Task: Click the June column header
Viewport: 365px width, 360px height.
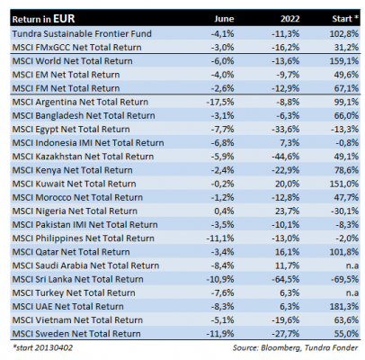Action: (224, 19)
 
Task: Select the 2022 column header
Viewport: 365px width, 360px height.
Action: (289, 19)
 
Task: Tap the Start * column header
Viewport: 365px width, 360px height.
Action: (345, 19)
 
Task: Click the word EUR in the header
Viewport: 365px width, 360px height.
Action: (64, 19)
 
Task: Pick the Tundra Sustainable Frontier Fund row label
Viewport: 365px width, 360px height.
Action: (82, 33)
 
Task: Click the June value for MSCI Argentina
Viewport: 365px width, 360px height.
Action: (220, 102)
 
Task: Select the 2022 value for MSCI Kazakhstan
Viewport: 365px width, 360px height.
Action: (285, 157)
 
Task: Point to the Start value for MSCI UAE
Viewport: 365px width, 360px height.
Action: (344, 306)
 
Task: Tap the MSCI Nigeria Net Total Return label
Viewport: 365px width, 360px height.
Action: (75, 211)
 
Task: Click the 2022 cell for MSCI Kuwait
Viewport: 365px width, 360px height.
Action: (287, 184)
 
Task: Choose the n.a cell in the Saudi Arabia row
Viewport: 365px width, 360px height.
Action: (352, 265)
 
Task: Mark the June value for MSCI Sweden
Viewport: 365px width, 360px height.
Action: (220, 334)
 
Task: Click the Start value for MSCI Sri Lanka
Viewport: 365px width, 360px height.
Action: (344, 279)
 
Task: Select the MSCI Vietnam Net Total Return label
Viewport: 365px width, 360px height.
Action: (77, 320)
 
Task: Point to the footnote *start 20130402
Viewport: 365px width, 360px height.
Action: (42, 347)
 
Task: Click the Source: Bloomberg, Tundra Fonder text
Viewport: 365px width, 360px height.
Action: (295, 347)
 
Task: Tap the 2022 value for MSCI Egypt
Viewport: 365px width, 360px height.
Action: (285, 129)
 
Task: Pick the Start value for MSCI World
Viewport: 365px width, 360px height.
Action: (344, 61)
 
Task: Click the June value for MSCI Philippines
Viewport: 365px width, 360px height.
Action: (220, 238)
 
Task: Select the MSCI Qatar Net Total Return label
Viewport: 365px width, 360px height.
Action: (71, 252)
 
